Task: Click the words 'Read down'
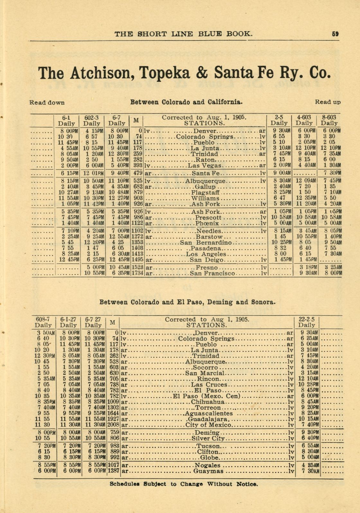47,103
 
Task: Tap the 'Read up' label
328,102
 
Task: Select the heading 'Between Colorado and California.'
186,102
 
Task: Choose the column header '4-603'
304,118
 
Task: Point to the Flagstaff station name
206,193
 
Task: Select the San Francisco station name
212,274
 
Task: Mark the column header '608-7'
43,319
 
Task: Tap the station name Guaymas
208,471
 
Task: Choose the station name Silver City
208,438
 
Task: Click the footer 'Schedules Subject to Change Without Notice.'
184,484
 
